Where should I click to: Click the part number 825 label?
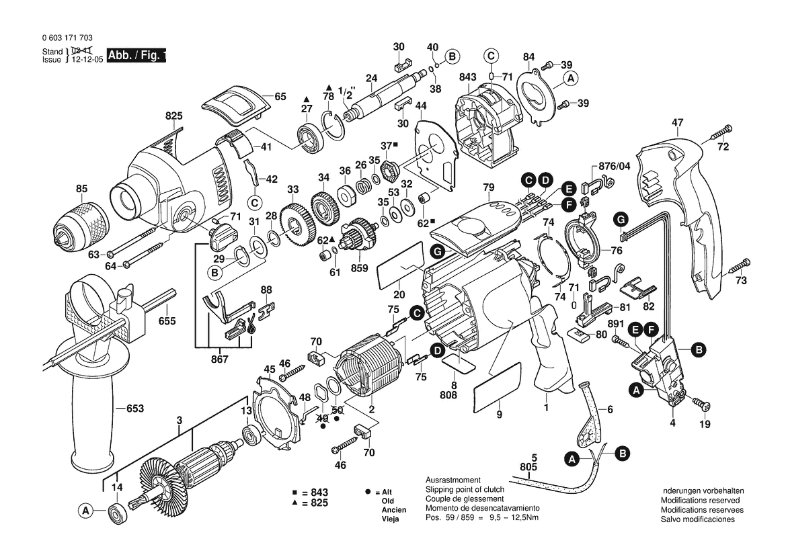click(x=173, y=116)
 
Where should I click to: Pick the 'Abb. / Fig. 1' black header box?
click(x=135, y=56)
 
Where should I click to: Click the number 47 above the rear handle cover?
click(x=677, y=123)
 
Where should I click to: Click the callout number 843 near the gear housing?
click(x=468, y=77)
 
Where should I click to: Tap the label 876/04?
click(x=611, y=167)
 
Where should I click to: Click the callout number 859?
click(x=360, y=267)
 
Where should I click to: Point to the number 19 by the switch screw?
click(x=704, y=424)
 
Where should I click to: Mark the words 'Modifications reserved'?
click(x=700, y=501)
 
